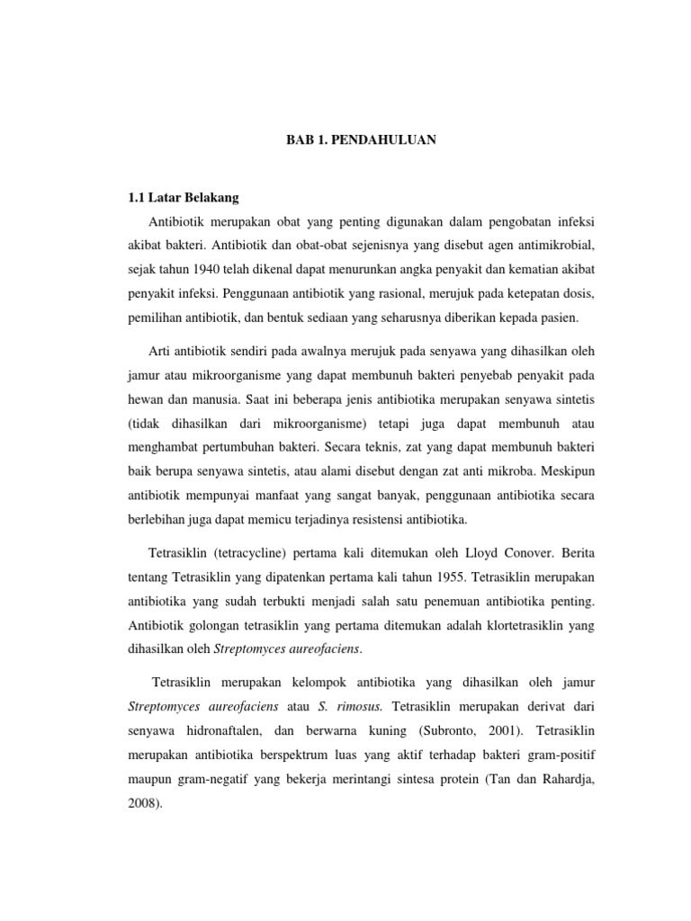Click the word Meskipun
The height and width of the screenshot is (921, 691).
(x=569, y=470)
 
